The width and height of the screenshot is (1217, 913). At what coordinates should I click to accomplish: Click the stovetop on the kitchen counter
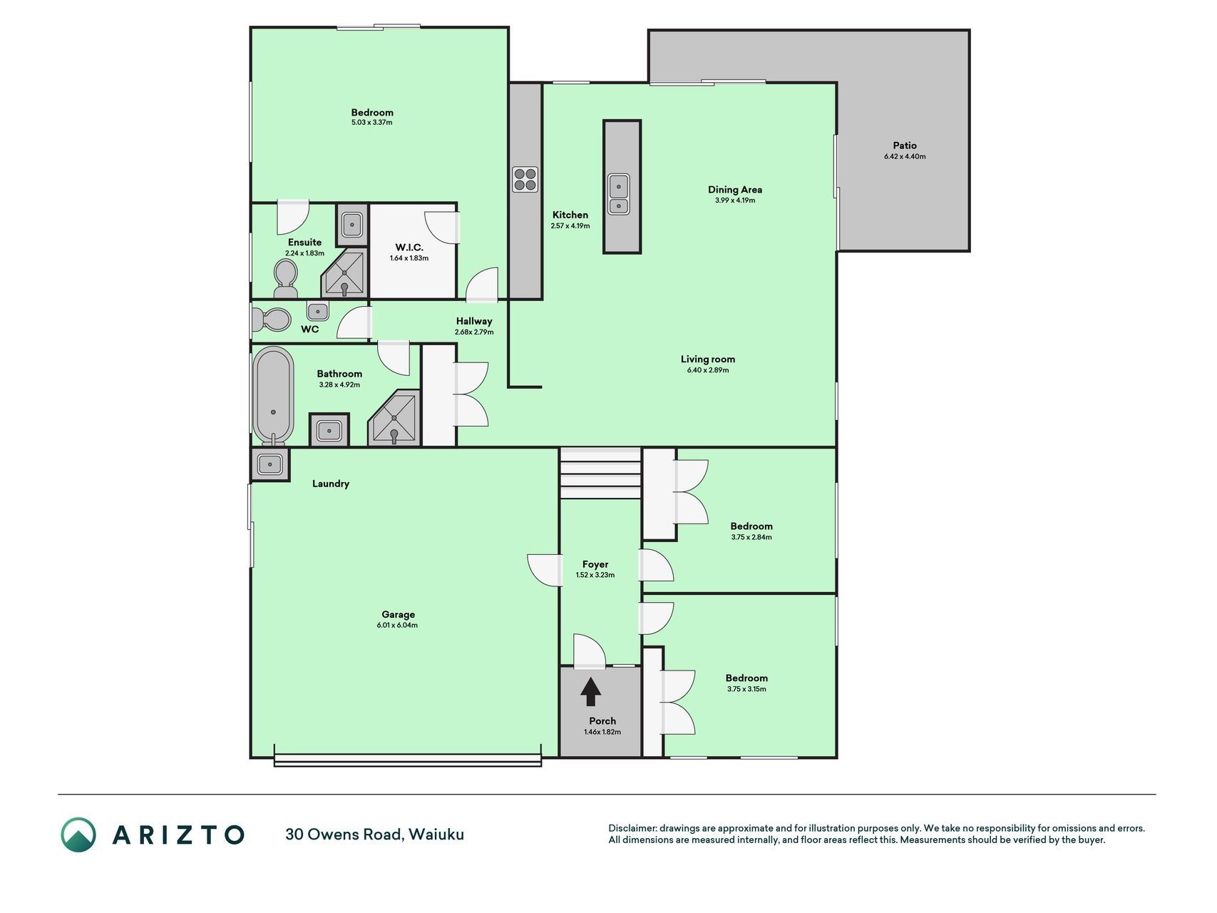coord(525,179)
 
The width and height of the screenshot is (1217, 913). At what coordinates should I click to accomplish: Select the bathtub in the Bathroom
coord(272,396)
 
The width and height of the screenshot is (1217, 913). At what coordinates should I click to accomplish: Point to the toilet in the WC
coord(270,320)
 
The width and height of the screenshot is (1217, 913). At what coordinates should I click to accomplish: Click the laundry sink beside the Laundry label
coord(270,464)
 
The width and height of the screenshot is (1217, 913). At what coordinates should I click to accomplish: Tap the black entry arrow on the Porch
coord(590,691)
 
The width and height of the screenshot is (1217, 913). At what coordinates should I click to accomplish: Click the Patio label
coord(905,146)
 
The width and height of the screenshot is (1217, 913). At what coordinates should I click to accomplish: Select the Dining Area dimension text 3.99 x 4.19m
coord(735,200)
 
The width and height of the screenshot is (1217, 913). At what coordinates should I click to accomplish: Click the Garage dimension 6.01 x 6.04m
coord(397,626)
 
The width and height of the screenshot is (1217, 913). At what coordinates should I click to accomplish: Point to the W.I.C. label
coord(409,248)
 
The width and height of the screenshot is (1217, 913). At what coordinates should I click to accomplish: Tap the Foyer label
coord(595,564)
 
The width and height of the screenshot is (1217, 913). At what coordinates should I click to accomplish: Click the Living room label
coord(707,359)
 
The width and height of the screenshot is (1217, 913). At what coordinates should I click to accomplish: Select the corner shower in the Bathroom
coord(394,419)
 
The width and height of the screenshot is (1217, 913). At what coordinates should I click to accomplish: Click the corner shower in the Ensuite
coord(344,273)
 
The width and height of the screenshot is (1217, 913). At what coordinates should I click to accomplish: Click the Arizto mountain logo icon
coord(78,835)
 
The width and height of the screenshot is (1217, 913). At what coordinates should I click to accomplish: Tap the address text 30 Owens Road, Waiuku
coord(375,834)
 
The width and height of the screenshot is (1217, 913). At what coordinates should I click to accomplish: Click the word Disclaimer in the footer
coord(632,828)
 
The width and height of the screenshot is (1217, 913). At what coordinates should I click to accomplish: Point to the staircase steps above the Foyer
coord(600,474)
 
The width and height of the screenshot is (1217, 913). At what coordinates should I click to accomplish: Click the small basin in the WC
coord(318,311)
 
